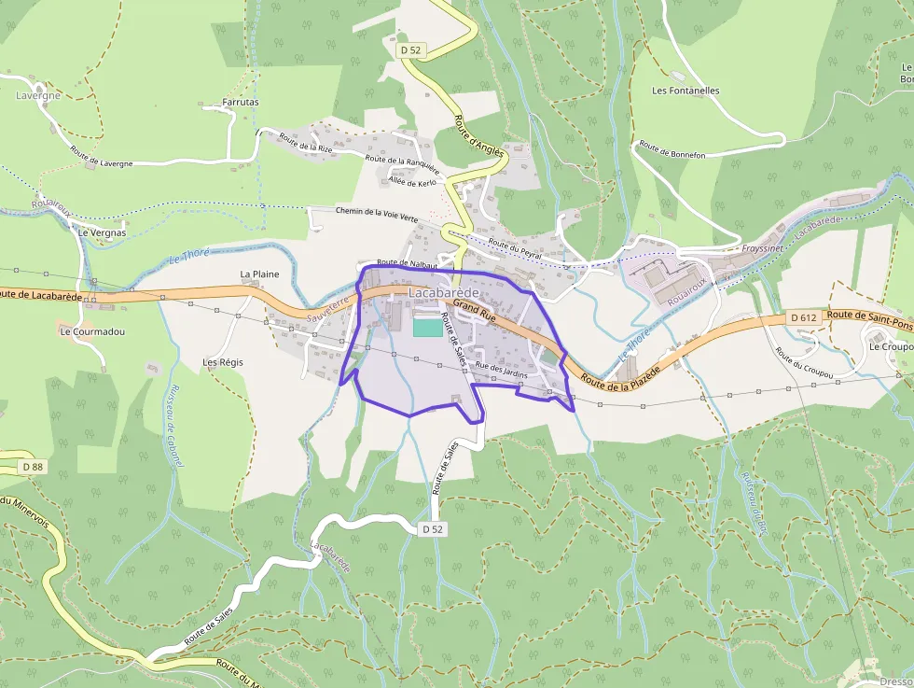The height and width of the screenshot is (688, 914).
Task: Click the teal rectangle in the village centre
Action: coord(428,328)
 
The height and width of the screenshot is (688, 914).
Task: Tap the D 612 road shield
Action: coord(803,317)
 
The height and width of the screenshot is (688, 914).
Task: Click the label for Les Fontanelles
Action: coord(685,91)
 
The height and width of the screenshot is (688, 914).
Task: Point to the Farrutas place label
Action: coord(241,102)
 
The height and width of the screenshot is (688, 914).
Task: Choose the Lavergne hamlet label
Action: coord(38,95)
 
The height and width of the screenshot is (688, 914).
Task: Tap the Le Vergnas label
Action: coord(103,232)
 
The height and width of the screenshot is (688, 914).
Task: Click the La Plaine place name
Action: coord(259,274)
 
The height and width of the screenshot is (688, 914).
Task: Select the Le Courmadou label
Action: coord(92,331)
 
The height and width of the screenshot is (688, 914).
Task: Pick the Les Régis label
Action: coord(223,361)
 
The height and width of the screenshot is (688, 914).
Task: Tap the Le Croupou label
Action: coord(890,346)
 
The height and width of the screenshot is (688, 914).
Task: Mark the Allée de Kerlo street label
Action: coord(413,181)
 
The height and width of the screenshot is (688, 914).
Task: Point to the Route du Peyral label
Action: coord(515,247)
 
